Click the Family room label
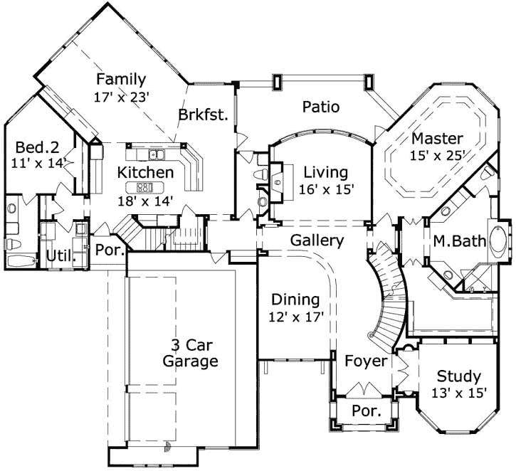coord(121,79)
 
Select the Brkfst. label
coord(203,115)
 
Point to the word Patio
coord(320,107)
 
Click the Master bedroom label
coord(437,138)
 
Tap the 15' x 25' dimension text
coord(437,155)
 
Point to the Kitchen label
coord(145,172)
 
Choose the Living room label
coord(325,172)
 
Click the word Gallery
coord(317,240)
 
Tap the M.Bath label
coord(460,242)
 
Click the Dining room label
coord(295,300)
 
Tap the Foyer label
coord(366,361)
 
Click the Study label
coord(458,376)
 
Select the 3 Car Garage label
coord(190,353)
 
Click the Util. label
coord(60,256)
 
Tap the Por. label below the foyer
coord(367,411)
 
